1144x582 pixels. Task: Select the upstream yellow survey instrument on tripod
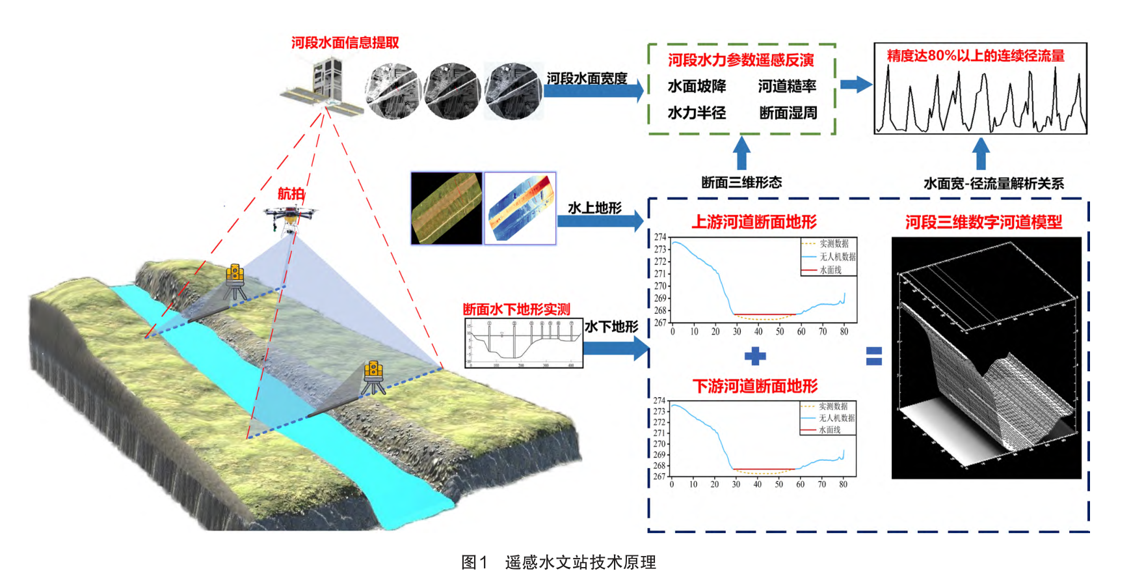(x=235, y=281)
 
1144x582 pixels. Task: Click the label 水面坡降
(x=697, y=87)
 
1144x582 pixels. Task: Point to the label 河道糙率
(x=787, y=87)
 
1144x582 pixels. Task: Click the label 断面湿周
(x=788, y=113)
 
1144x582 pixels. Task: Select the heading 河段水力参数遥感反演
(x=741, y=61)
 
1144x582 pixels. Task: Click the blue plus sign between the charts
(x=754, y=356)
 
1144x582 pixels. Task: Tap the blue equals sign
(x=874, y=356)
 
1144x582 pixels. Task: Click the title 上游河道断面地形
(x=754, y=223)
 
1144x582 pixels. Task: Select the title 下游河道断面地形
(x=755, y=387)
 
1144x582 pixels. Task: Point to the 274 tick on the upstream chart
(x=660, y=237)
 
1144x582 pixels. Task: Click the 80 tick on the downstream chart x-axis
(x=843, y=484)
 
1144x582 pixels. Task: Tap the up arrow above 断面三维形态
(x=741, y=153)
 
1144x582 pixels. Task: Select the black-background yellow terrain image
(x=447, y=208)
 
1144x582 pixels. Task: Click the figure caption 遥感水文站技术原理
(x=580, y=562)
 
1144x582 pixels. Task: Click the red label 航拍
(x=291, y=193)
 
